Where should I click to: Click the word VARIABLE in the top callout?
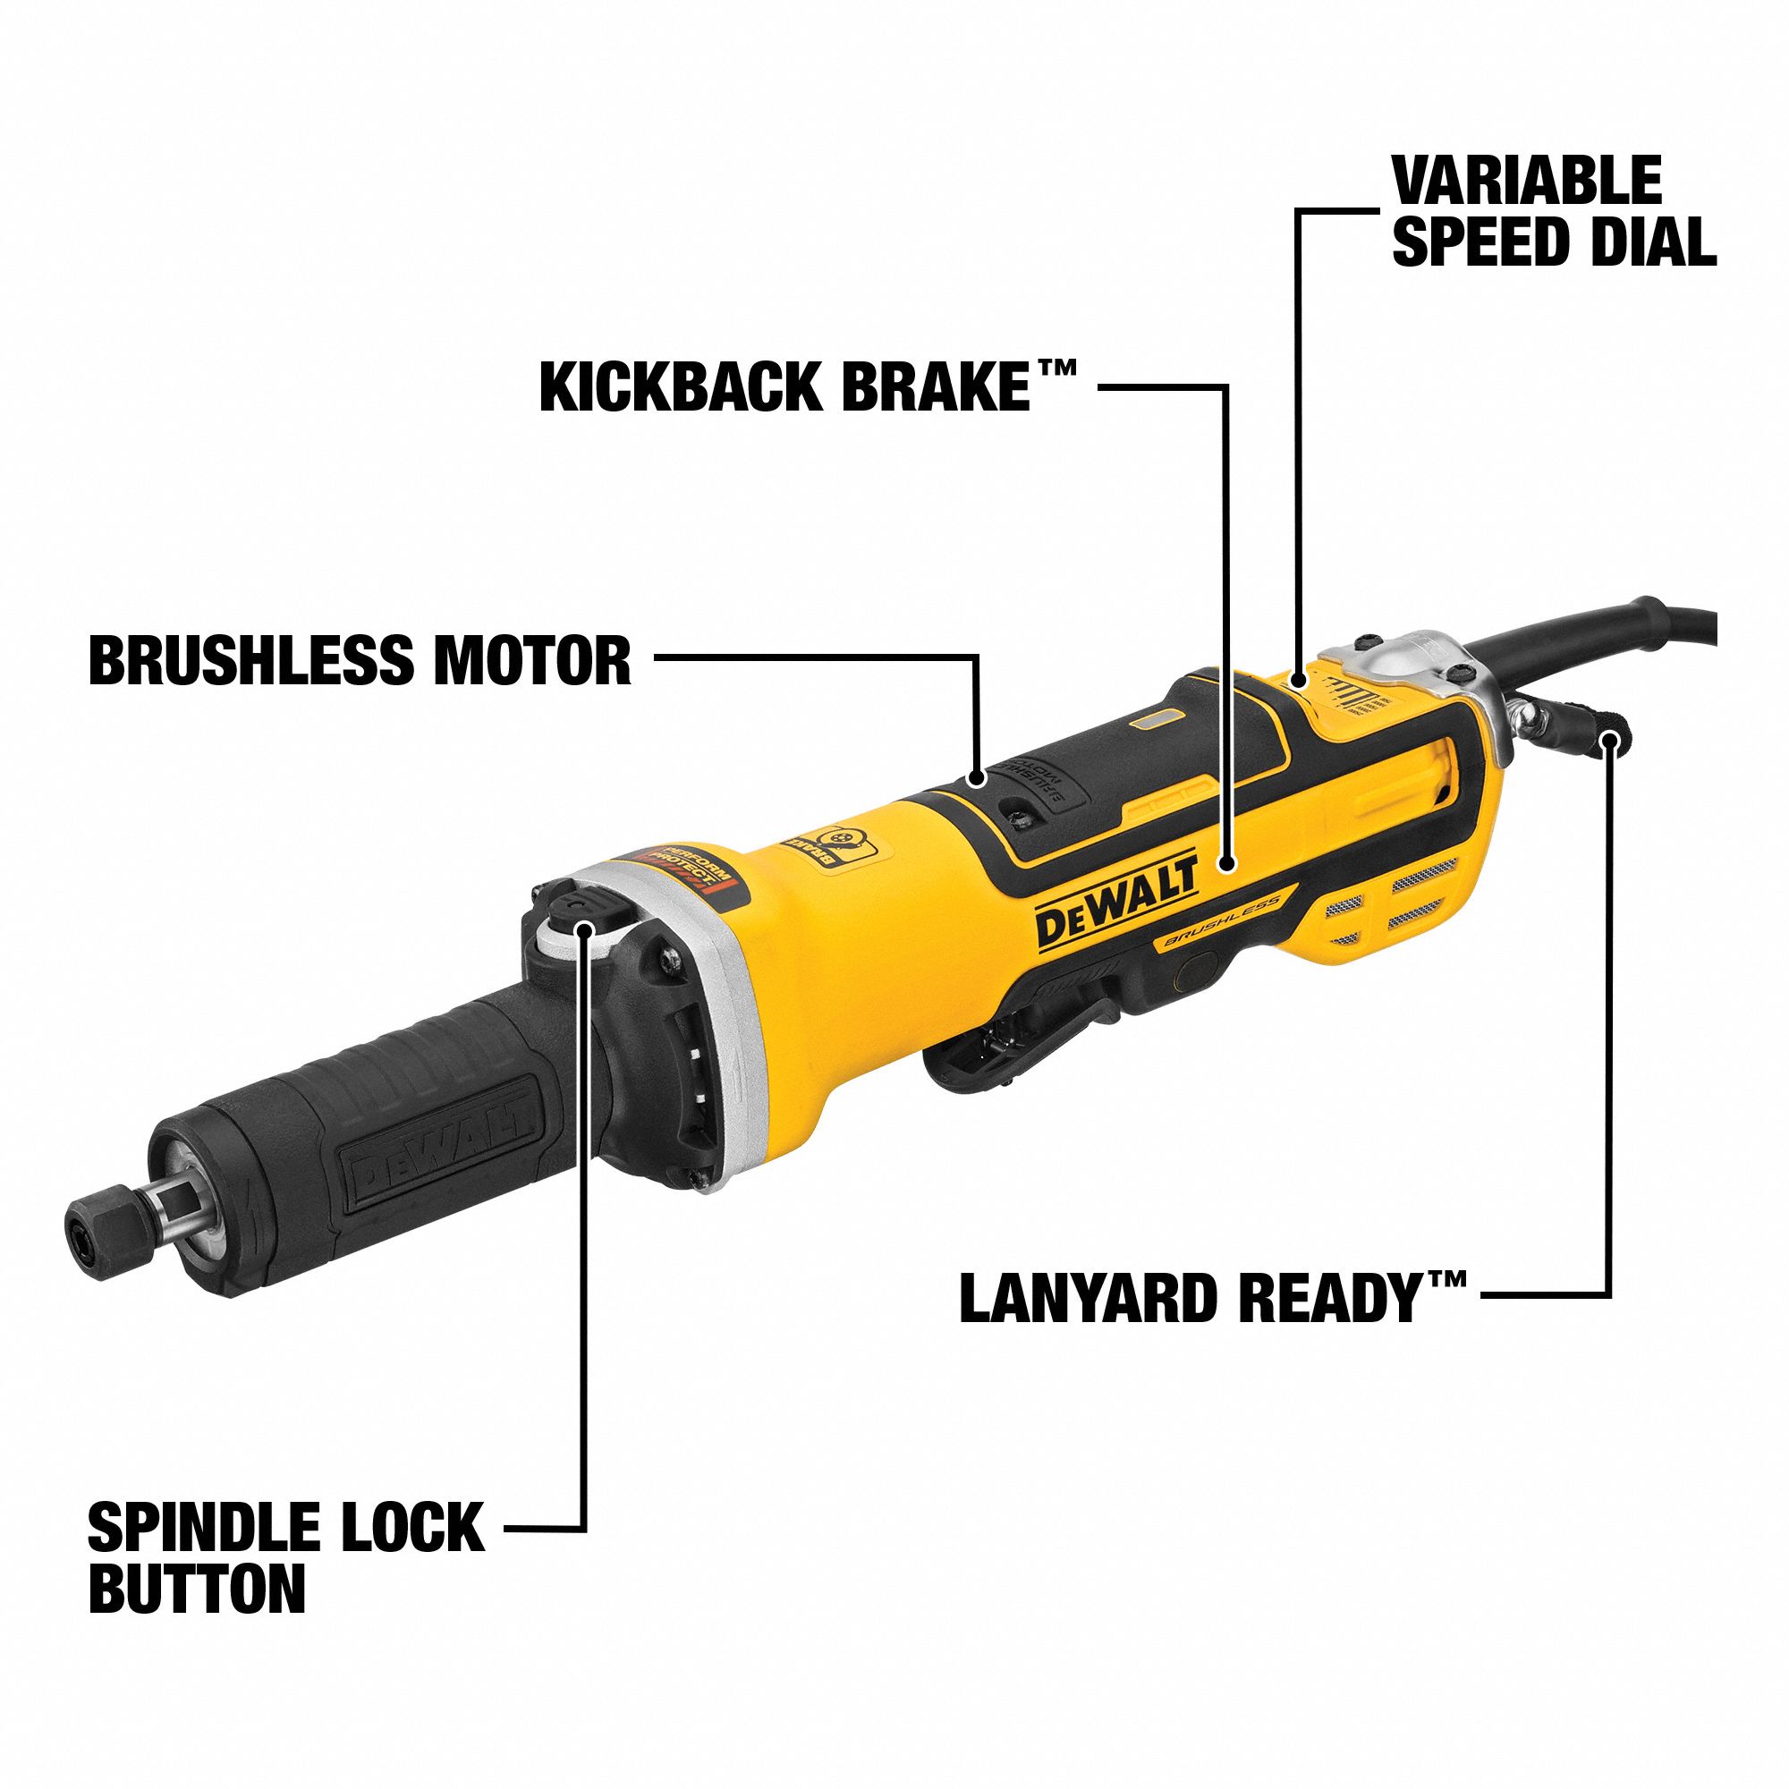[x=1526, y=182]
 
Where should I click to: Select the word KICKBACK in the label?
[x=682, y=387]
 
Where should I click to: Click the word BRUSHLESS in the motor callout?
[x=254, y=660]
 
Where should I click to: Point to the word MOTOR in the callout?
[x=531, y=660]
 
